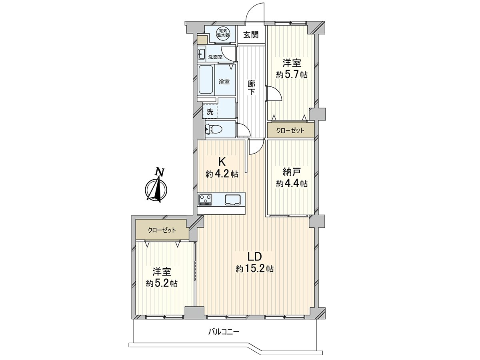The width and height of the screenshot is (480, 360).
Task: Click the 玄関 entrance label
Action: pos(251,35)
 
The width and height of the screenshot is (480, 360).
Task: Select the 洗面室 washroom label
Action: pos(215,57)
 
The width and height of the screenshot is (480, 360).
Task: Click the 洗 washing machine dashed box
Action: pos(210,112)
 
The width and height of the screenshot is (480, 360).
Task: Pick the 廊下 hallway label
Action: pos(252,88)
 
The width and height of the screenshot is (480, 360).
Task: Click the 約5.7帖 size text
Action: pos(292,75)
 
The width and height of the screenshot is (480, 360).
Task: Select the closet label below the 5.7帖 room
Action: pos(290,131)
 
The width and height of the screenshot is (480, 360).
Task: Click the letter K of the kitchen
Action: pos(222,162)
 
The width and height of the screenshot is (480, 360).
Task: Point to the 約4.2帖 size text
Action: pos(222,174)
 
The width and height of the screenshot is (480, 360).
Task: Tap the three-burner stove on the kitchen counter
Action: pos(205,199)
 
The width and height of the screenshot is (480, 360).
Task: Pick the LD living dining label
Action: pos(254,257)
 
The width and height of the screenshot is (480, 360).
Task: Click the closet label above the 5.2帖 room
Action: pos(162,230)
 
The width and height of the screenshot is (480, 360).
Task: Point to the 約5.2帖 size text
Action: pos(162,284)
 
